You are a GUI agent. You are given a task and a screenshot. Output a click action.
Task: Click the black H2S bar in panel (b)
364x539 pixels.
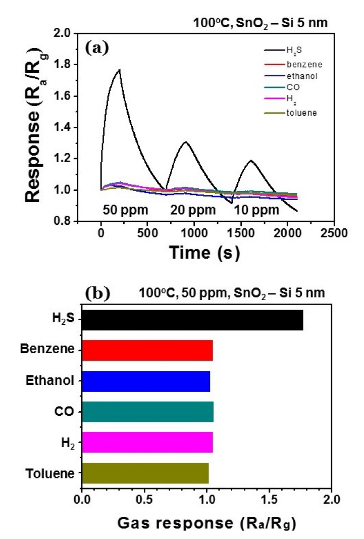tap(192, 320)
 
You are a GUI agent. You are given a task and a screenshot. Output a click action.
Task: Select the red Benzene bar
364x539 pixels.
tap(147, 350)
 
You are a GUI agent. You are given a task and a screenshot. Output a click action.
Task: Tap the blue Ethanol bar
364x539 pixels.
tap(145, 381)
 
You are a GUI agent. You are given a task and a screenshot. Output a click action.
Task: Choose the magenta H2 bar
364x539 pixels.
tap(147, 442)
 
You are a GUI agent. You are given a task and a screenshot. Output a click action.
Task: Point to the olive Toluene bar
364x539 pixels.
tap(145, 473)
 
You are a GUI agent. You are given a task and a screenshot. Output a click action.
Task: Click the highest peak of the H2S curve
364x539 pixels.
tap(119, 70)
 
